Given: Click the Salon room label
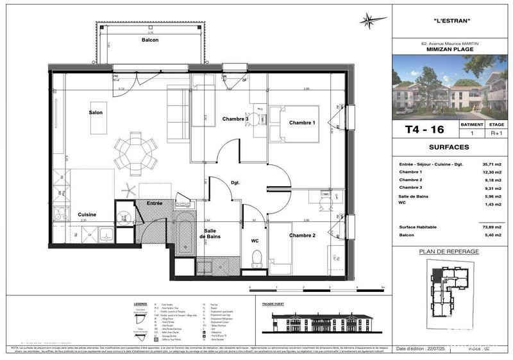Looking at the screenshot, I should (x=96, y=113).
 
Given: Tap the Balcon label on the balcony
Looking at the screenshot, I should (x=151, y=40).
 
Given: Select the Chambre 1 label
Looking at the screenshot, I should (x=302, y=123).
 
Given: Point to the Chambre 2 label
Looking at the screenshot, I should (x=302, y=236).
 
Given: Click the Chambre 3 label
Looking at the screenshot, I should (x=235, y=119).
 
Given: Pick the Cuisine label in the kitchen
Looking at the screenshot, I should (x=87, y=215).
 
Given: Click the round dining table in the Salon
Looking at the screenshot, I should (x=135, y=151).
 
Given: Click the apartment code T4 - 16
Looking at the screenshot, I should (x=425, y=130).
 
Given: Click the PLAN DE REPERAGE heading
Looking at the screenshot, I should (x=449, y=252).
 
